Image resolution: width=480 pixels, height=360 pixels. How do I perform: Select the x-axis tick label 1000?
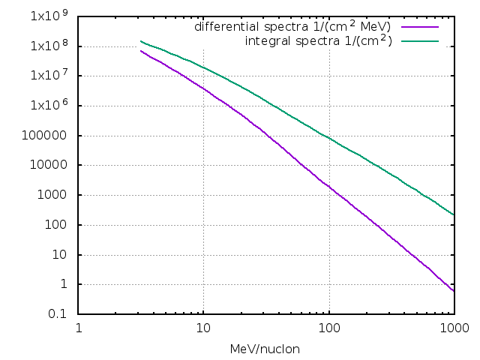pos(453,328)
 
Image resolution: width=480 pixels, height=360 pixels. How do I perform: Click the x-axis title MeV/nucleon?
pos(265,349)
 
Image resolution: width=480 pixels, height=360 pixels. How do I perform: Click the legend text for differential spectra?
pos(292,26)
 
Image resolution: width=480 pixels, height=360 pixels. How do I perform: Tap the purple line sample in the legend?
pos(420,26)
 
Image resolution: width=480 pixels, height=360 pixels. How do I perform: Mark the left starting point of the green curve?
pos(141,41)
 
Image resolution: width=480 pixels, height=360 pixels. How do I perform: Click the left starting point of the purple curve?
pos(141,51)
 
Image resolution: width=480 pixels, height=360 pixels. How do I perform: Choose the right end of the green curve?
pos(453,214)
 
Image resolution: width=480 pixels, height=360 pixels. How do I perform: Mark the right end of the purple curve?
pos(453,291)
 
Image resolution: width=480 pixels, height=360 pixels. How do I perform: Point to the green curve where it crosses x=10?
pos(203,68)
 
